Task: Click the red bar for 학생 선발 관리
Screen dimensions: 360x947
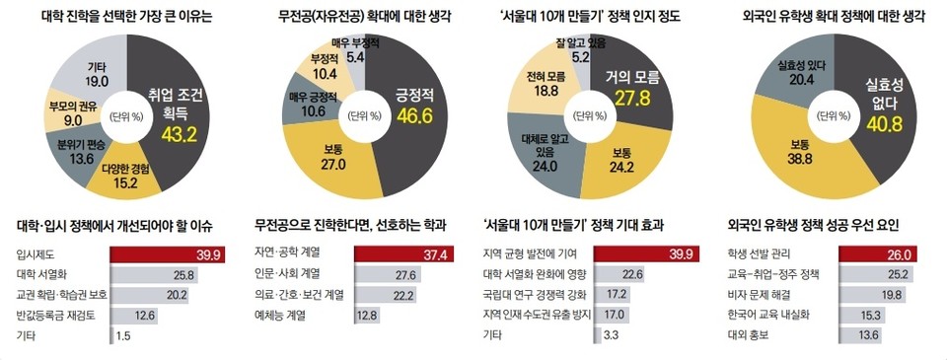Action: (868, 255)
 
